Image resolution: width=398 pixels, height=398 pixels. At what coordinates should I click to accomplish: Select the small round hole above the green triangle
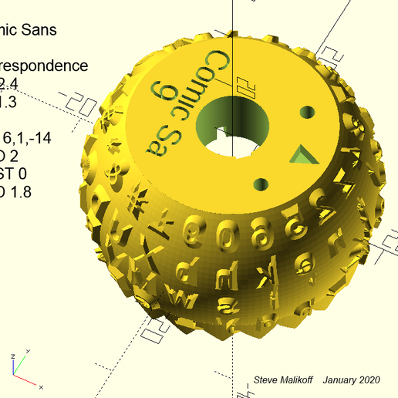pyautogui.click(x=306, y=112)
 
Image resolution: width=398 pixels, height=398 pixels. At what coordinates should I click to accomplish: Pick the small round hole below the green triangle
pyautogui.click(x=261, y=184)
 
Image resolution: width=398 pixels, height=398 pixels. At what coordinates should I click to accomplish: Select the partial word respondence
pyautogui.click(x=44, y=66)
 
